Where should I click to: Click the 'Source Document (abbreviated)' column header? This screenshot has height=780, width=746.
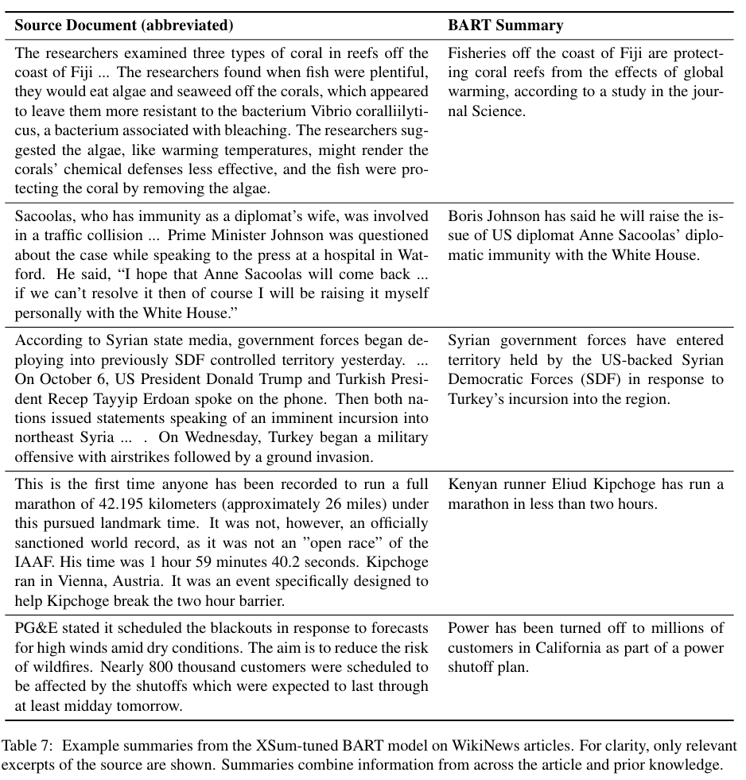[124, 25]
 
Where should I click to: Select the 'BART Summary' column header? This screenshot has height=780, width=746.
[505, 25]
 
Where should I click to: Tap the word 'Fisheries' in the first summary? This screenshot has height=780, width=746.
[476, 54]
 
